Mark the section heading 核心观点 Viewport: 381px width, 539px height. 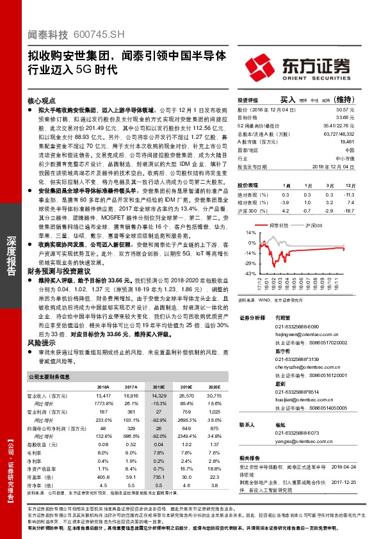(x=42, y=101)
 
